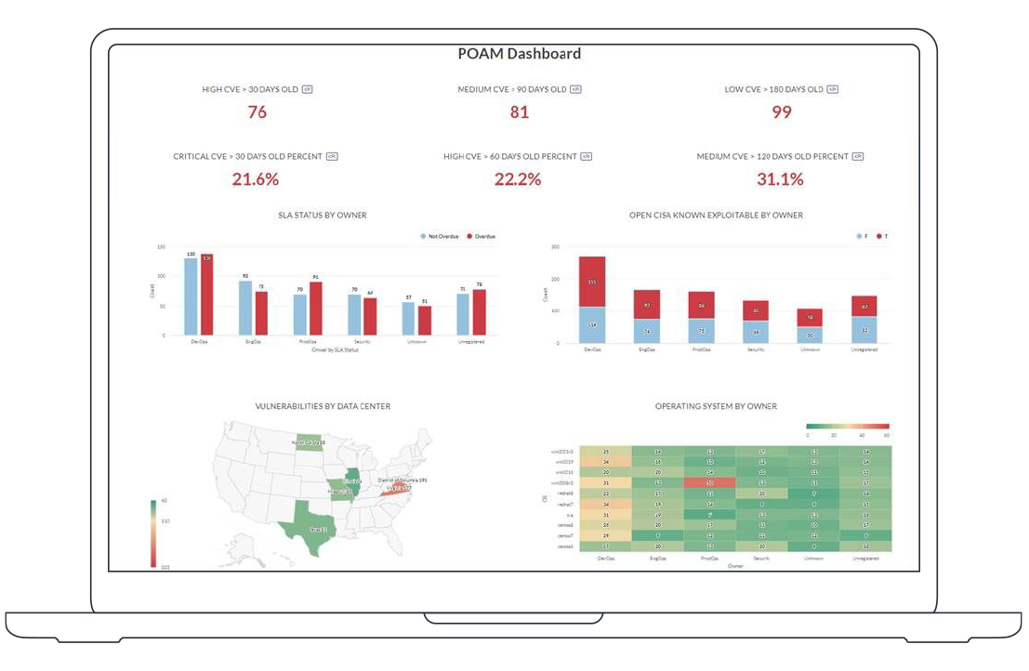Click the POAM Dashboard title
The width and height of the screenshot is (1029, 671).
(519, 54)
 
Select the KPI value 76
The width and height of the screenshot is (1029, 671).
(257, 112)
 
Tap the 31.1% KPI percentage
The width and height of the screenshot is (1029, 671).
(780, 179)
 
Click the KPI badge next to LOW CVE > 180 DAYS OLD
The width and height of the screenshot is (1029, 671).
(833, 89)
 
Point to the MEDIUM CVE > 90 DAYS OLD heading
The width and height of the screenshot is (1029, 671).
(512, 90)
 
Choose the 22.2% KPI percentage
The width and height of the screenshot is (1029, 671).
(518, 179)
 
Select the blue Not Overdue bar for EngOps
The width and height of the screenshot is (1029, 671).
(245, 309)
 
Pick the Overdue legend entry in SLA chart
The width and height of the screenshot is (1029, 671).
(482, 237)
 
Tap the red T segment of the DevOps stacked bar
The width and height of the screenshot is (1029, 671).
(592, 282)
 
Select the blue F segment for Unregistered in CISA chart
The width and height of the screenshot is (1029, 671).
(864, 330)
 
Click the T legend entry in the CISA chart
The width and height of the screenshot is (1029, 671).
(882, 237)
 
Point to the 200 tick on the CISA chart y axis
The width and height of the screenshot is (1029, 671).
(555, 279)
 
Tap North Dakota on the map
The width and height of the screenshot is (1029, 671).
(310, 443)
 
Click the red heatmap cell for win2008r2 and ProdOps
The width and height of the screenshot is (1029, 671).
(709, 483)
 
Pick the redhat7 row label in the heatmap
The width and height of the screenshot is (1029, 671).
(563, 504)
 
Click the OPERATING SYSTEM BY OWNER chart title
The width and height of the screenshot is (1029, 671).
(716, 406)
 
